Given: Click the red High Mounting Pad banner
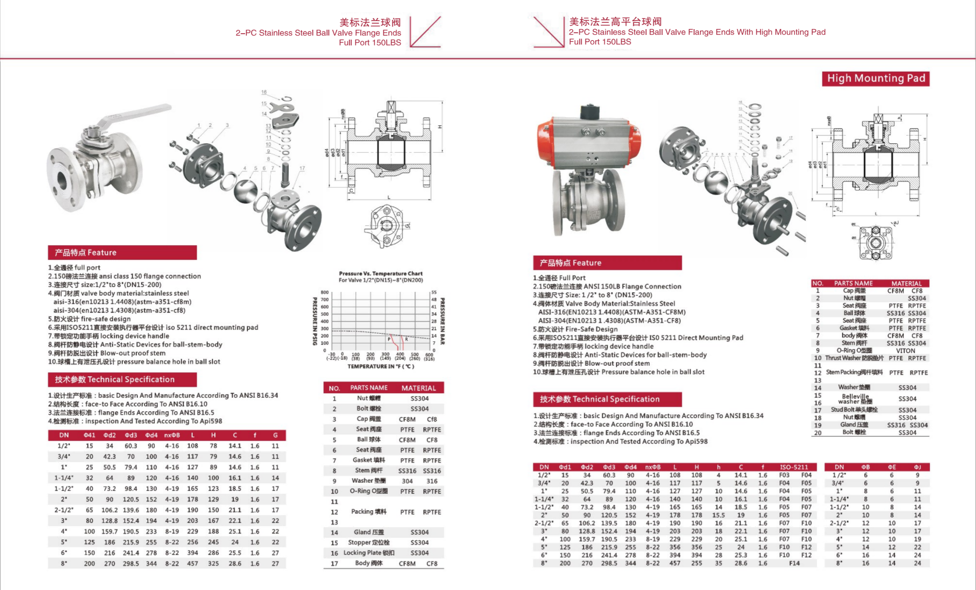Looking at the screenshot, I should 876,79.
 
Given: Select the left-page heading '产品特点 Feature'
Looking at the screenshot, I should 86,253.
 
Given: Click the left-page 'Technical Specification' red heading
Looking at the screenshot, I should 115,380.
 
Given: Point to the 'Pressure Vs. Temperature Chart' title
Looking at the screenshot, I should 381,273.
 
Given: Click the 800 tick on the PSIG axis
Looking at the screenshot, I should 325,292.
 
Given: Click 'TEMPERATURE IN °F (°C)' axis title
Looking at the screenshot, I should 381,366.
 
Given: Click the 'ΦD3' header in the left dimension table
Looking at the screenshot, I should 130,435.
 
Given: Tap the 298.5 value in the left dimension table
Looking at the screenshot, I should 130,563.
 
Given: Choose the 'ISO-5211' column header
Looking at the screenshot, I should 794,467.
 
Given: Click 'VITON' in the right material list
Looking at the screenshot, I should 906,351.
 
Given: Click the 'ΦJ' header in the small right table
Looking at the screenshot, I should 917,467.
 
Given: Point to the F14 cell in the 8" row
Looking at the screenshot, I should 794,563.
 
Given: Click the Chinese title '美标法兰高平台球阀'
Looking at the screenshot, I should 616,22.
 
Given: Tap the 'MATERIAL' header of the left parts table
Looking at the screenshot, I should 419,388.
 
